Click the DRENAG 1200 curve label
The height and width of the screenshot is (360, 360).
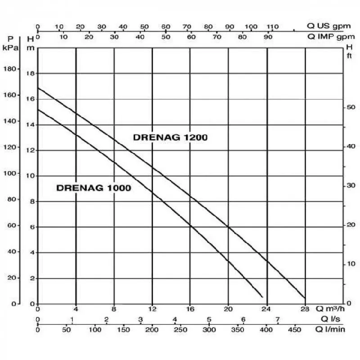pyautogui.click(x=170, y=138)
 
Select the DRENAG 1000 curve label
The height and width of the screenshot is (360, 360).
pyautogui.click(x=94, y=188)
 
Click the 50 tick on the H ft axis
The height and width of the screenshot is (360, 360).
pyautogui.click(x=351, y=107)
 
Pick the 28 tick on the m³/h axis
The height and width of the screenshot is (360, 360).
pyautogui.click(x=305, y=309)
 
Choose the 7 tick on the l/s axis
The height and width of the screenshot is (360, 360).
pyautogui.click(x=278, y=319)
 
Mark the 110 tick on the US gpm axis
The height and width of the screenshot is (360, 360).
pyautogui.click(x=273, y=27)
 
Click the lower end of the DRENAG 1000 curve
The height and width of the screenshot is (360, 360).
pyautogui.click(x=262, y=297)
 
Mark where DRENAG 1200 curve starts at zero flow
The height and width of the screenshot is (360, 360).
pyautogui.click(x=38, y=88)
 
